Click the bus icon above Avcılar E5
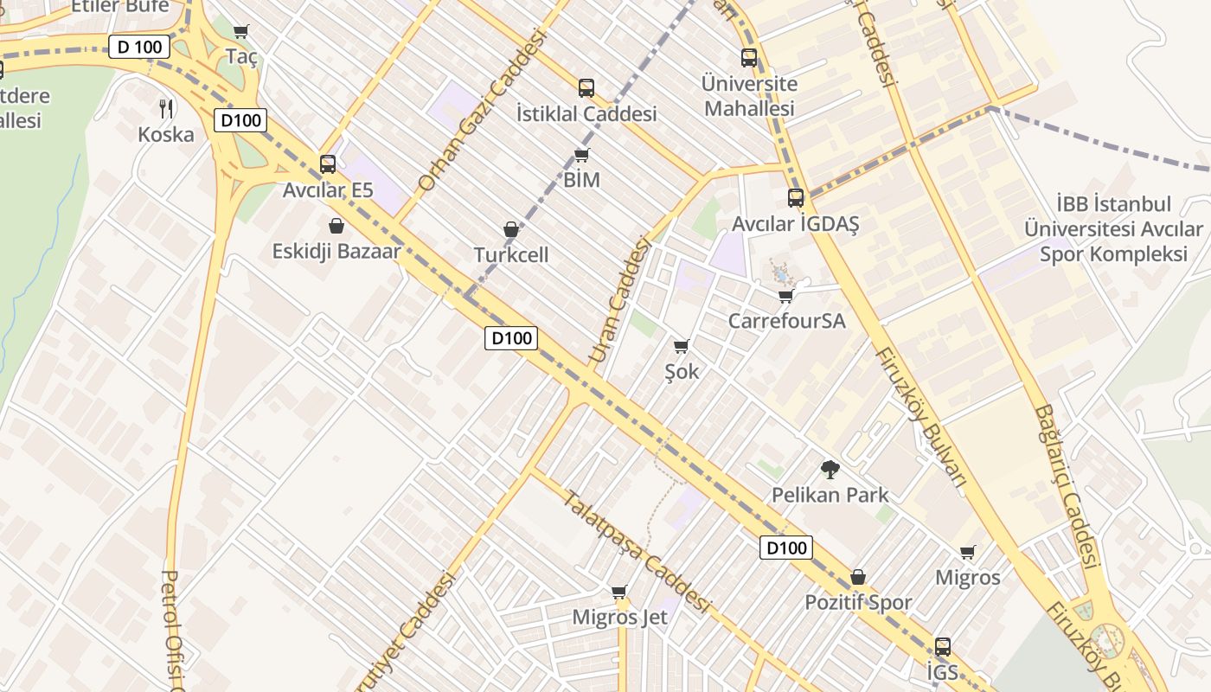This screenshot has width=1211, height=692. pos(328,164)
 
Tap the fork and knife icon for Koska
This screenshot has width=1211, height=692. pos(166,109)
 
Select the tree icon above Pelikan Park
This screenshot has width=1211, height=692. pos(830,470)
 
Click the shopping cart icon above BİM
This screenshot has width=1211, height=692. pos(582,156)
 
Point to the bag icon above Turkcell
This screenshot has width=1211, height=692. pos(511,230)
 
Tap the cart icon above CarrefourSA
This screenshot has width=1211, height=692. pos(785,297)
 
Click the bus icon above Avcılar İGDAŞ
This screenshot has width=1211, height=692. pos(796,198)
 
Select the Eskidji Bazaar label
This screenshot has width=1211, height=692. pos(336,252)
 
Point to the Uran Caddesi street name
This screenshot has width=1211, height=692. pos(618,300)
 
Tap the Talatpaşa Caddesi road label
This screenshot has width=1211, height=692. pos(636,551)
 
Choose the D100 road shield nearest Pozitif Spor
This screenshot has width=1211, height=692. pos(786,548)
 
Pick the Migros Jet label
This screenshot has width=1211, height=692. pos(619,618)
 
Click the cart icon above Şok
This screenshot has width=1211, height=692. pos(681,347)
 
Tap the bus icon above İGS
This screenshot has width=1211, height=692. pos(943,647)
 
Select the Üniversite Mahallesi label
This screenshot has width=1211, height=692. pos(749,96)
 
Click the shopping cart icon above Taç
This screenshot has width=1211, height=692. pos(241,32)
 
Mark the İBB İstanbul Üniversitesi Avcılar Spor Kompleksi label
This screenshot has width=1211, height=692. pos(1113,229)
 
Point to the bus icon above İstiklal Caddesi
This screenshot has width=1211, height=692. pos(586,88)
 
